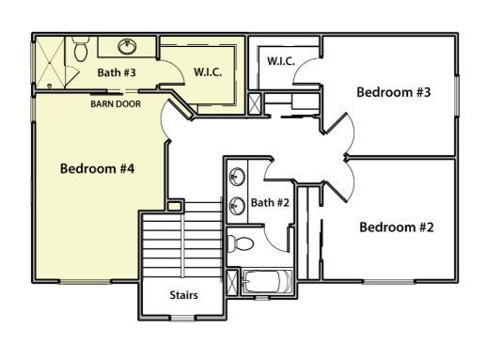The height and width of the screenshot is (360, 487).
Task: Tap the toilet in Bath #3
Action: point(82,48)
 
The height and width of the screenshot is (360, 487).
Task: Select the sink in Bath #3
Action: point(127,45)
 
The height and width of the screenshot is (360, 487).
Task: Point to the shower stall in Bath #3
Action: point(54,62)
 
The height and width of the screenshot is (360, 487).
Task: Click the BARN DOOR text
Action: point(116,103)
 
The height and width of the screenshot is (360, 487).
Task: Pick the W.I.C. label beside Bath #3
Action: point(207,72)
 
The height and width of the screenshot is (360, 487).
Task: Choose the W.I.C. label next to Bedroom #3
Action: point(281,61)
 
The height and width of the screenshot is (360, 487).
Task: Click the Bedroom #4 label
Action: point(97,169)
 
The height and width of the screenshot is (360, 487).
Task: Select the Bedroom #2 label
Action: point(396,227)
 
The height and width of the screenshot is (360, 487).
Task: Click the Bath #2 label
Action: point(270,202)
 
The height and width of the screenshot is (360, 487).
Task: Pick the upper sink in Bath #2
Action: point(237,176)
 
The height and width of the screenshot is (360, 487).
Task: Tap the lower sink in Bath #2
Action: point(237,204)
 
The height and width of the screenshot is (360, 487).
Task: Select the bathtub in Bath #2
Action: point(266,283)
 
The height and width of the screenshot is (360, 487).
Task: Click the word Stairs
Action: point(183,294)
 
